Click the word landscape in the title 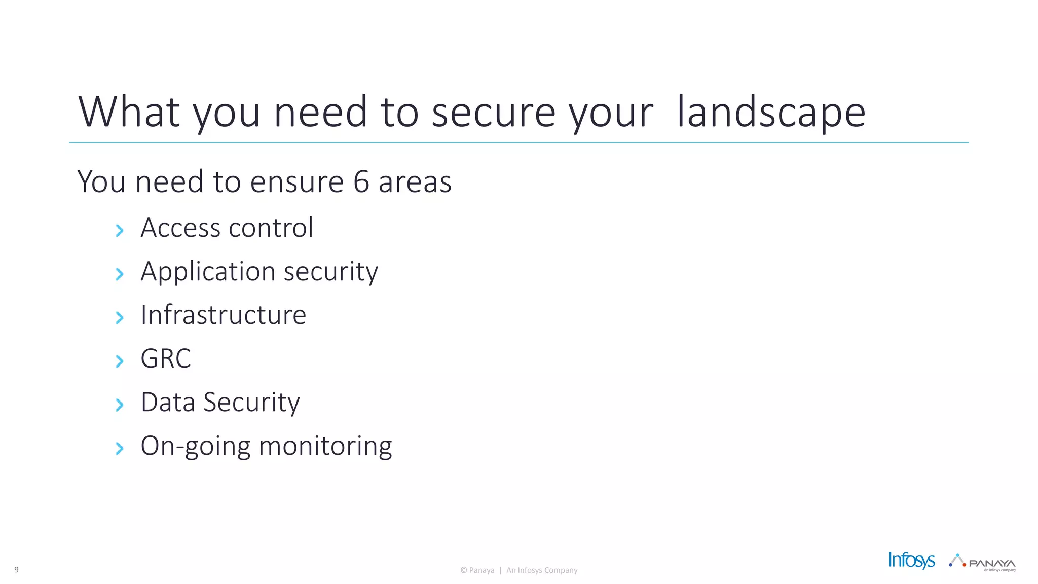click(x=771, y=113)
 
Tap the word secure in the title click(x=493, y=113)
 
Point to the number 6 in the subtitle click(x=361, y=181)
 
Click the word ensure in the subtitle click(x=297, y=181)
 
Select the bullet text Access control click(x=227, y=228)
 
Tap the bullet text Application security click(x=259, y=272)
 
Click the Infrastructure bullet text click(x=223, y=315)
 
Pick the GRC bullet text click(x=166, y=358)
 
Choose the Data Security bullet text click(x=220, y=403)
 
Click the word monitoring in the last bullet click(x=325, y=446)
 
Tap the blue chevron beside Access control click(x=120, y=231)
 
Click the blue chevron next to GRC click(x=120, y=361)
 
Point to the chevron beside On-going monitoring click(x=120, y=449)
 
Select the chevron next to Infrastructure click(x=120, y=318)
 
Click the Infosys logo click(x=911, y=560)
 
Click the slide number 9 click(x=16, y=570)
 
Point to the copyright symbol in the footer click(x=464, y=570)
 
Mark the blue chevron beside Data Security click(x=120, y=405)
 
